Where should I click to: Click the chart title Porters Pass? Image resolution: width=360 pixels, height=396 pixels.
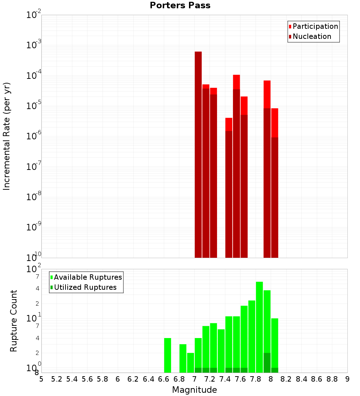coord(180,5)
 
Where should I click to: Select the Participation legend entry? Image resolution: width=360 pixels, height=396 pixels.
coord(315,26)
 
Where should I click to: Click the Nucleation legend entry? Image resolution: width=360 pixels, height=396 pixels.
coord(312,36)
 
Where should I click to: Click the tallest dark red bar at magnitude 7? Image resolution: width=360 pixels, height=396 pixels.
coord(198,155)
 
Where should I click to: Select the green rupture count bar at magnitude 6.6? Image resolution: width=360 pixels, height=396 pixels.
coord(167,355)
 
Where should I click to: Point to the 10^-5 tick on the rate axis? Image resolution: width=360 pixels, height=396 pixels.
coord(34,105)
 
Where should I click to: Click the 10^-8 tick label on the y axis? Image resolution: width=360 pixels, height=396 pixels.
coord(34,197)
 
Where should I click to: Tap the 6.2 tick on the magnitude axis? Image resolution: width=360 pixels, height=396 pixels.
coord(133,379)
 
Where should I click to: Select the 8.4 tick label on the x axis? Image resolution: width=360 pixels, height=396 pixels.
coord(301,379)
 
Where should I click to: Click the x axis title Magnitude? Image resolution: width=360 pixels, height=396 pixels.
coord(194,390)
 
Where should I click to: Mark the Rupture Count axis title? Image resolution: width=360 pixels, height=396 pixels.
coord(14,321)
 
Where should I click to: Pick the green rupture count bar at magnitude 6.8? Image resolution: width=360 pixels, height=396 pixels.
coord(183,358)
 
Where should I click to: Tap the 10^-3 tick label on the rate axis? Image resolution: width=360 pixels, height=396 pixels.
coord(34,45)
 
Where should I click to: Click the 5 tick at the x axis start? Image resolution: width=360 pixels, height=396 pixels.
coord(41,379)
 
